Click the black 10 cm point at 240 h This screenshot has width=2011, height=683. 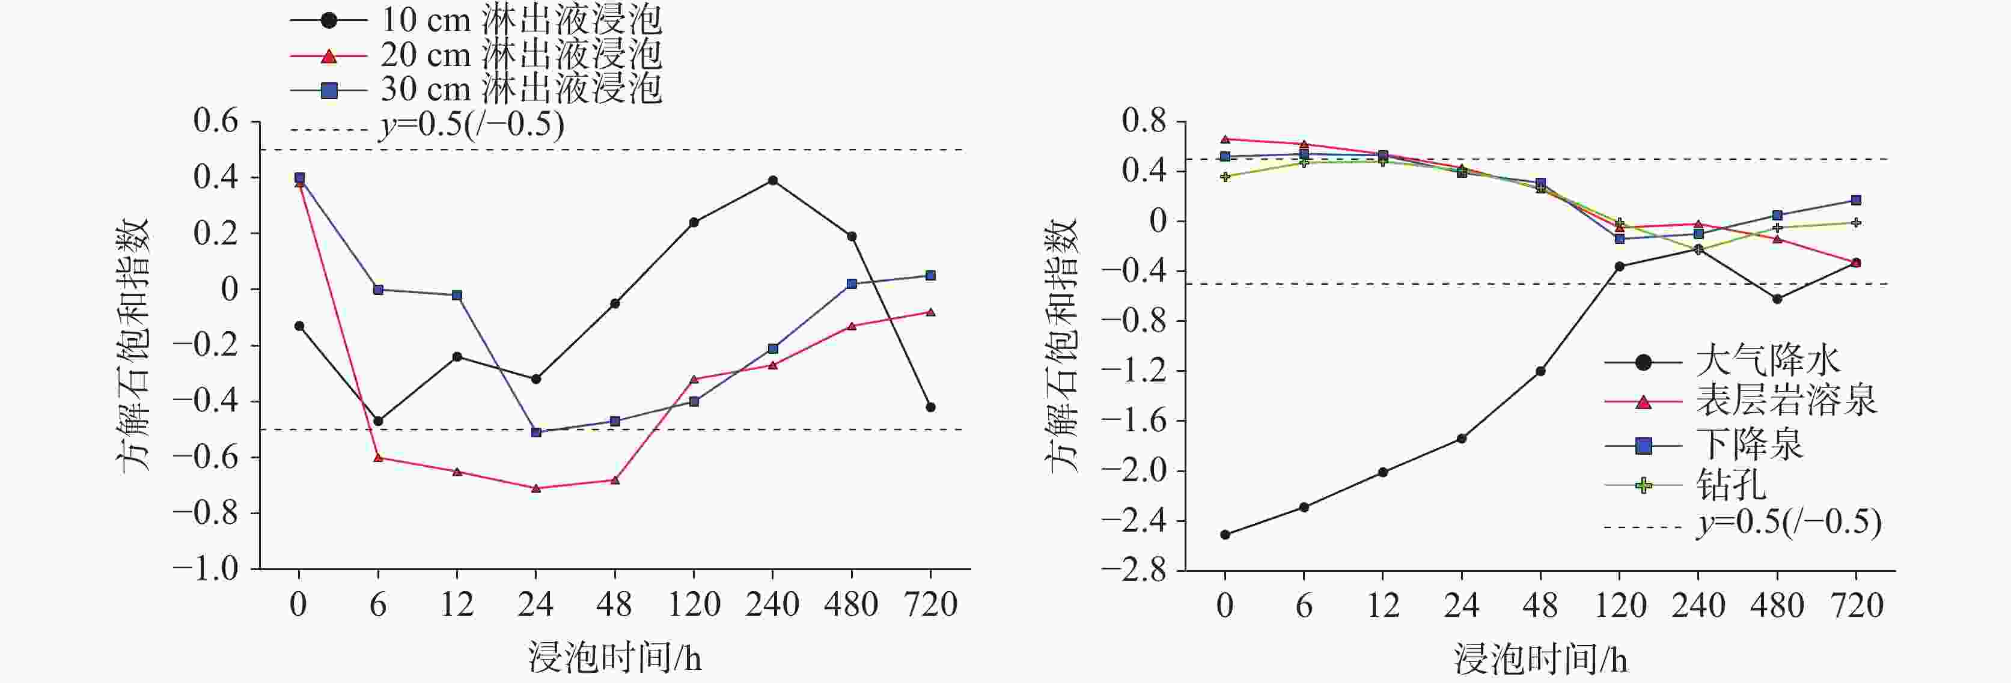[773, 180]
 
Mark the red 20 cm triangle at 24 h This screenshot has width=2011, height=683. [536, 488]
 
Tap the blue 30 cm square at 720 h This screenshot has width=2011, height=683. [930, 276]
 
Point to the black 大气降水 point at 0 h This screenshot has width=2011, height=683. [1225, 535]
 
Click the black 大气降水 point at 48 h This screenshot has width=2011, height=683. [1540, 372]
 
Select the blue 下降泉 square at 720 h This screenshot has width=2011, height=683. [1856, 201]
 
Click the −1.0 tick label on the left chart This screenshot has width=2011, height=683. [206, 568]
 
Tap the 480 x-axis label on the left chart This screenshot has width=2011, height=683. [851, 605]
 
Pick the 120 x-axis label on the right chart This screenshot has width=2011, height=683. [1620, 606]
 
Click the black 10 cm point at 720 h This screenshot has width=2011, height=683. [930, 407]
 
